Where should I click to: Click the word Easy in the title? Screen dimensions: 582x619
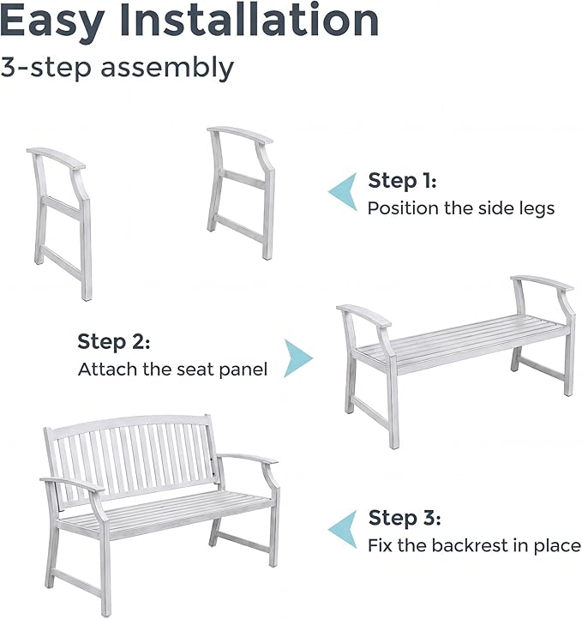(x=52, y=21)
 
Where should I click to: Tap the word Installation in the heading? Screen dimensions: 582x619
(x=249, y=20)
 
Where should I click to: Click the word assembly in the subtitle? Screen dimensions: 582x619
(x=167, y=69)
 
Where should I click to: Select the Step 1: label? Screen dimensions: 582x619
(x=402, y=181)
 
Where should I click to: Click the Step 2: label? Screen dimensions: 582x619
(x=114, y=342)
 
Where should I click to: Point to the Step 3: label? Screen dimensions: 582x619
(x=405, y=518)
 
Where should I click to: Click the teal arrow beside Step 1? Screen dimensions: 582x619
(x=343, y=191)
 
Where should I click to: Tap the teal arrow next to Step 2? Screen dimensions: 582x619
(x=298, y=358)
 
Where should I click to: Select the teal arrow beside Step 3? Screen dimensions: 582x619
(x=343, y=529)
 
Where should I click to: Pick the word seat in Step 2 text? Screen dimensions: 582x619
(x=195, y=370)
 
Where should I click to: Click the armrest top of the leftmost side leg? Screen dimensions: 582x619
(x=56, y=158)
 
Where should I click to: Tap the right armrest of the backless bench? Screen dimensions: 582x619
(x=543, y=283)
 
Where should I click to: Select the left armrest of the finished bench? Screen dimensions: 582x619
(x=72, y=484)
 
